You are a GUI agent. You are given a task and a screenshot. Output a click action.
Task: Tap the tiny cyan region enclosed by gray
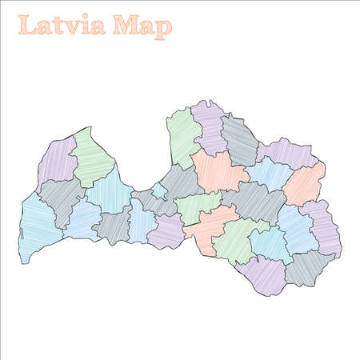[158, 190]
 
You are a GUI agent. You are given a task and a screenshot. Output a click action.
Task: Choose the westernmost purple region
[54, 164]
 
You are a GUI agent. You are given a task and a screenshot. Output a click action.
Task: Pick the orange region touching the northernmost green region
[218, 170]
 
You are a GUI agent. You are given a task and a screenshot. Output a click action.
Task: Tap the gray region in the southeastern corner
[307, 267]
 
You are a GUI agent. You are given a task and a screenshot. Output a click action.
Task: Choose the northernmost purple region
[210, 124]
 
